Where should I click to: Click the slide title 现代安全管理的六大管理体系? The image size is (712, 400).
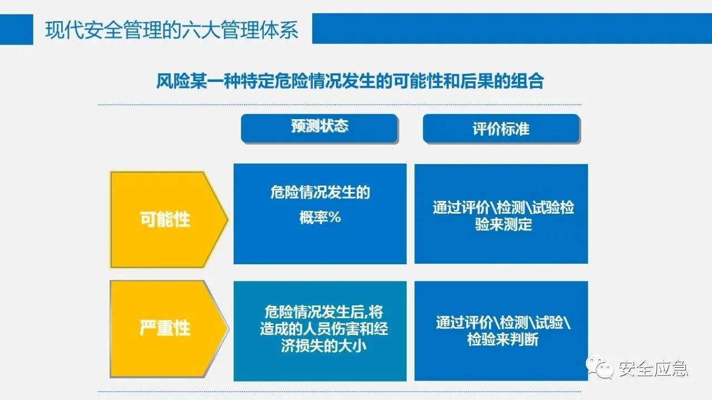pos(171,29)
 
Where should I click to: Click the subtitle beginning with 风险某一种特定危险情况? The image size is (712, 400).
pos(349,82)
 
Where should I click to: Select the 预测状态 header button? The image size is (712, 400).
pos(319,127)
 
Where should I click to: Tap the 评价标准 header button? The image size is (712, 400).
pos(501,129)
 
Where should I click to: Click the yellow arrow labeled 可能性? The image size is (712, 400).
pos(165,219)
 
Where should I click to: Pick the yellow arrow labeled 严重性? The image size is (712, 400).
pos(165,328)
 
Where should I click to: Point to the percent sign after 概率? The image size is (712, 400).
pos(334,218)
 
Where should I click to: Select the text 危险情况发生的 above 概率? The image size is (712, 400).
pos(320,193)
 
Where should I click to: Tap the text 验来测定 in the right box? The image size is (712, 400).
pos(503,224)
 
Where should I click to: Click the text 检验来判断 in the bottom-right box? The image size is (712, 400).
pos(503,339)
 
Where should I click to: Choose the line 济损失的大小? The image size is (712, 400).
pos(324,345)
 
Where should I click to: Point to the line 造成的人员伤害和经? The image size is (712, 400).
pos(324,328)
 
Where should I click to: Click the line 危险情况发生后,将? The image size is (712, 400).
pos(324,311)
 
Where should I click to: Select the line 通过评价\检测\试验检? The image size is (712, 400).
pos(503,208)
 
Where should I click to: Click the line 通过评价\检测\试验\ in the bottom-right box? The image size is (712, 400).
pos(503,322)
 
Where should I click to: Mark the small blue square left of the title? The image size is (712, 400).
pos(16,29)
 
